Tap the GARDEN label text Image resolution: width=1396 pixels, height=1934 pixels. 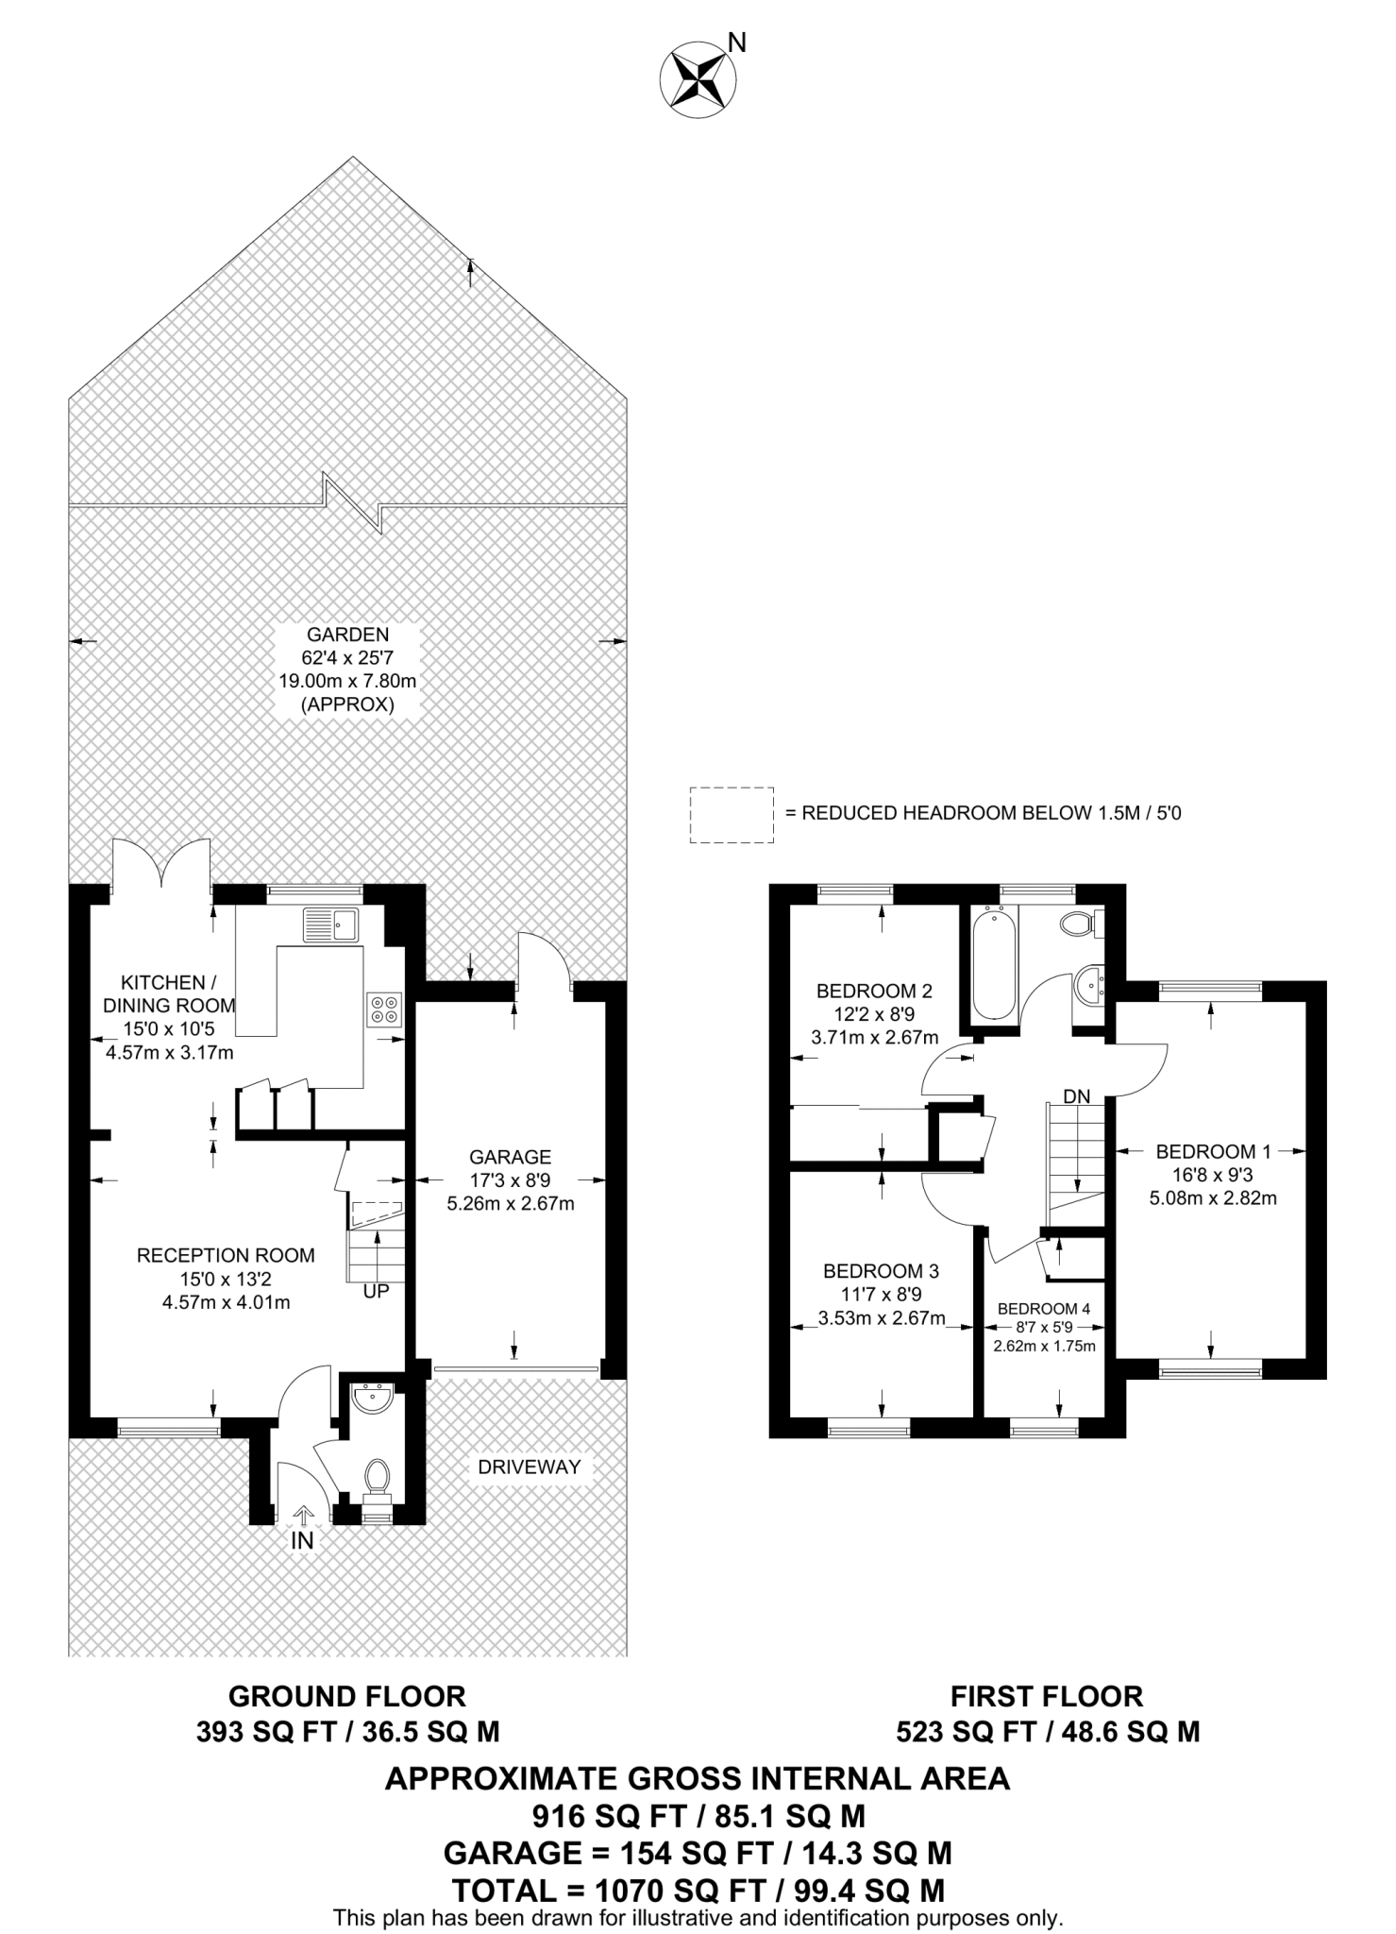click(x=347, y=635)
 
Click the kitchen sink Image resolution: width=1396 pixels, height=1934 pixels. click(x=329, y=925)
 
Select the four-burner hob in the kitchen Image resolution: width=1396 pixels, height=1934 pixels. click(x=384, y=1009)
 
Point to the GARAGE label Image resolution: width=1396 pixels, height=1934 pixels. click(x=511, y=1157)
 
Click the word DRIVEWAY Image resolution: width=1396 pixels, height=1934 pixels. click(x=529, y=1467)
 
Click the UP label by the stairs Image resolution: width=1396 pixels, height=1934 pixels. click(x=376, y=1291)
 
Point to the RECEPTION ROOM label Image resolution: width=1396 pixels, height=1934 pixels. click(x=226, y=1255)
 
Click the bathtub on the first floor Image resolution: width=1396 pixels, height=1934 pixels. click(x=993, y=964)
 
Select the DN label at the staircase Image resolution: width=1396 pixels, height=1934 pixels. click(x=1077, y=1096)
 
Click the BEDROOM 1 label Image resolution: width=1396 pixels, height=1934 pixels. click(x=1213, y=1151)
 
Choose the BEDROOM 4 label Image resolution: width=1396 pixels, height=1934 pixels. click(x=1044, y=1309)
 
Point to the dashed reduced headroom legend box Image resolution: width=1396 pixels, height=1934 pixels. click(x=732, y=814)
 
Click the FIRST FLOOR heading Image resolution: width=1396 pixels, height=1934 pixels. click(x=1047, y=1696)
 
